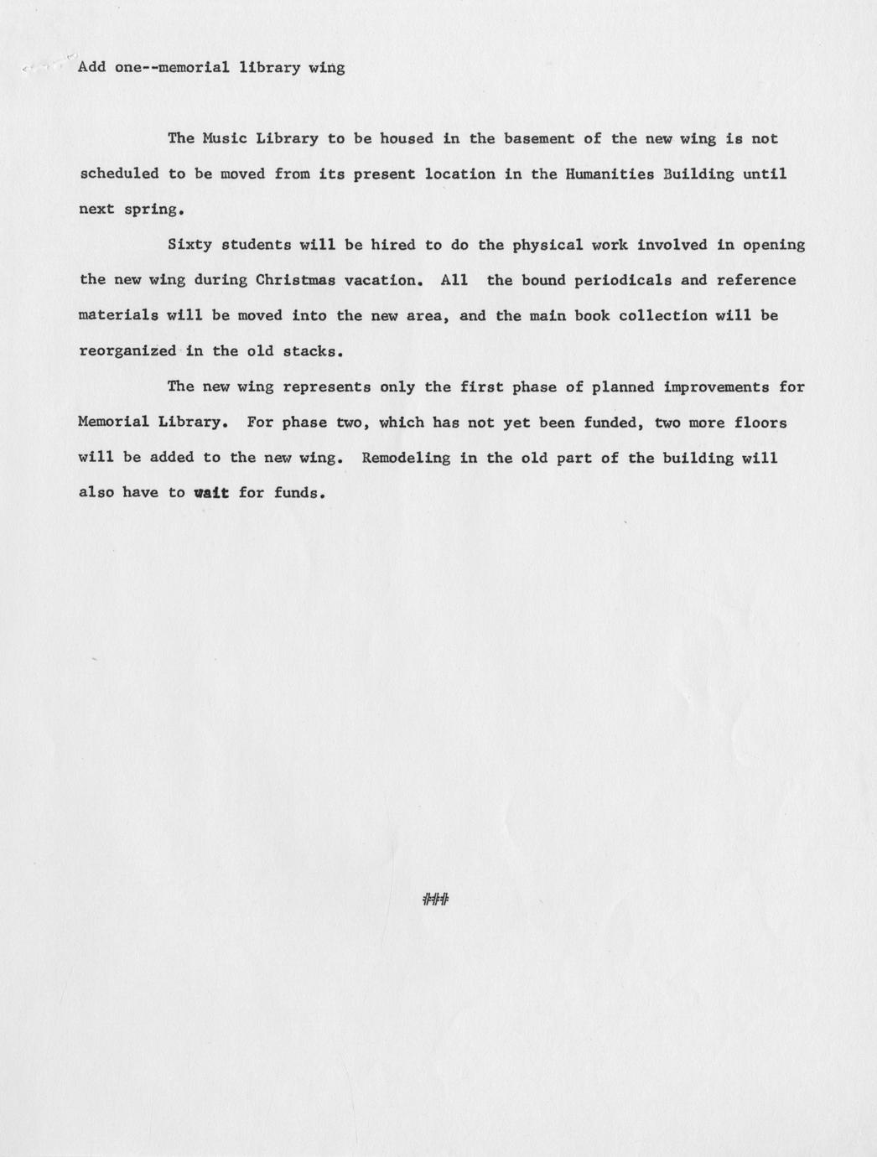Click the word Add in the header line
[91, 67]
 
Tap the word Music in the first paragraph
[225, 138]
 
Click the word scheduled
[118, 174]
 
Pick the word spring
[153, 210]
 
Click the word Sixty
[189, 245]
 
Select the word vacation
[381, 280]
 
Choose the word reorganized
[127, 351]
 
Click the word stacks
[314, 351]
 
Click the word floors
[760, 423]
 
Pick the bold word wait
[210, 493]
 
